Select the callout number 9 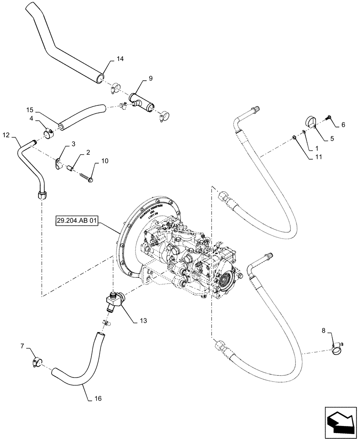coord(150,78)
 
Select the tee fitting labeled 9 coord(141,101)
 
